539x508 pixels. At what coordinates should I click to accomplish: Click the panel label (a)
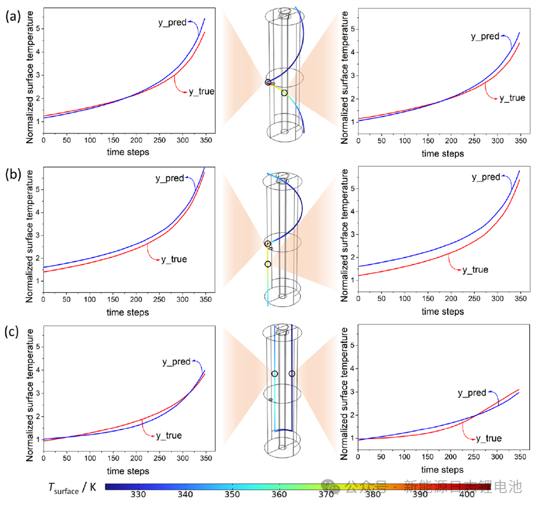pos(13,16)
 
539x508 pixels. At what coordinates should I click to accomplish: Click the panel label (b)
pos(13,176)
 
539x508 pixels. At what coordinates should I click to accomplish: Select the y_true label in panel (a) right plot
pos(512,98)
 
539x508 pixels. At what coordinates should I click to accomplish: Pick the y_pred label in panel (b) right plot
pos(486,177)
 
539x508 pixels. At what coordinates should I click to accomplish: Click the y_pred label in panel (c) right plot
pos(472,393)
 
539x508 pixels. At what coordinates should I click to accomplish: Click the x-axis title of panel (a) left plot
pos(127,152)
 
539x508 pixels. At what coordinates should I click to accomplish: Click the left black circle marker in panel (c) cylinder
pos(275,374)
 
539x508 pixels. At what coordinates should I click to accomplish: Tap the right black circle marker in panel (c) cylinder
pos(292,374)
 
